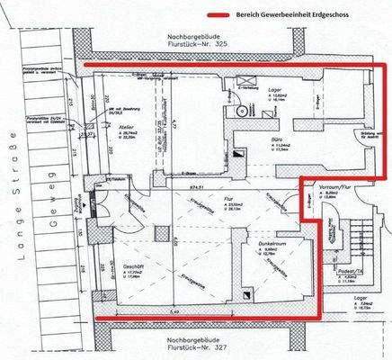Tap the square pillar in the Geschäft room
(x=160, y=236)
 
